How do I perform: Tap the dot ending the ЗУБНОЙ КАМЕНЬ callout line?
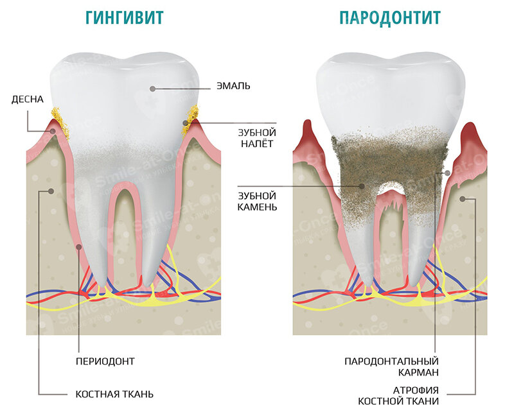tap(362, 186)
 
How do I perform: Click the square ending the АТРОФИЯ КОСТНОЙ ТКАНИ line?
tap(461, 199)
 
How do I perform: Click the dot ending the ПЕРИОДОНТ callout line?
tap(79, 245)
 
